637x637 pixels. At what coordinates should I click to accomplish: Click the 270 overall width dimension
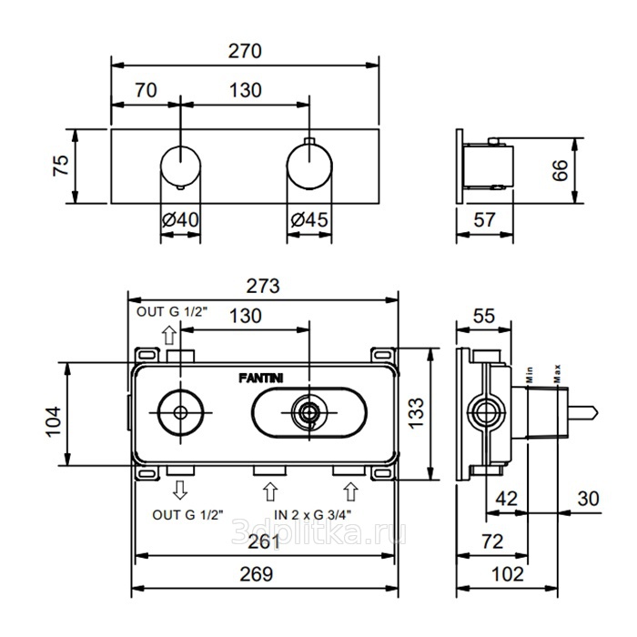pyautogui.click(x=245, y=51)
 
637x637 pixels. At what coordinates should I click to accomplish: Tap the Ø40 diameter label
pyautogui.click(x=180, y=220)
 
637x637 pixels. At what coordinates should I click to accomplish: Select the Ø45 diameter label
pyautogui.click(x=309, y=220)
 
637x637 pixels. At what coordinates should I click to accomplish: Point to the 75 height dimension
pyautogui.click(x=61, y=166)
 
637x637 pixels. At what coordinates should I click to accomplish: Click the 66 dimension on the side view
pyautogui.click(x=560, y=170)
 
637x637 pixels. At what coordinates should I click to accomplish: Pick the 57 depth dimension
pyautogui.click(x=485, y=220)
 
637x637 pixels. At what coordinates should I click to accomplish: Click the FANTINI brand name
pyautogui.click(x=261, y=379)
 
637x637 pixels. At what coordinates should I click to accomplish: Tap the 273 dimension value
pyautogui.click(x=263, y=286)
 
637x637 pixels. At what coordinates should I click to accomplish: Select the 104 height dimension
pyautogui.click(x=53, y=421)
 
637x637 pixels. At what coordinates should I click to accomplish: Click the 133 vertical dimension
pyautogui.click(x=416, y=413)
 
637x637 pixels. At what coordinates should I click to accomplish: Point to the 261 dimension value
pyautogui.click(x=264, y=541)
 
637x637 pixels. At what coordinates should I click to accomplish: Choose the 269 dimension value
pyautogui.click(x=256, y=574)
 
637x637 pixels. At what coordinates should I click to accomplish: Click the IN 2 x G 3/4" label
pyautogui.click(x=313, y=515)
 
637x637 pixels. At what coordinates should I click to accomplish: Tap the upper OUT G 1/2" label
pyautogui.click(x=172, y=312)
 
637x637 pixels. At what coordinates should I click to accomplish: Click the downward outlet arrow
pyautogui.click(x=180, y=490)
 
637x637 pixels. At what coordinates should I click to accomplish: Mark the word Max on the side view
pyautogui.click(x=557, y=374)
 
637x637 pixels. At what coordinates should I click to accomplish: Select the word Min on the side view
pyautogui.click(x=529, y=375)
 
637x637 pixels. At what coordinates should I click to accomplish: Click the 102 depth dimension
pyautogui.click(x=508, y=574)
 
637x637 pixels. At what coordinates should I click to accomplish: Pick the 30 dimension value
pyautogui.click(x=588, y=499)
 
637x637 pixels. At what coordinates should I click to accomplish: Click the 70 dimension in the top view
pyautogui.click(x=146, y=90)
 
